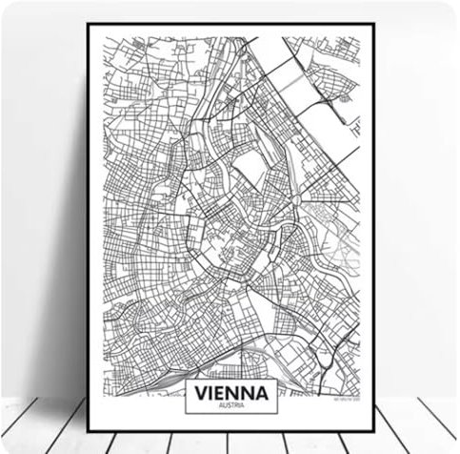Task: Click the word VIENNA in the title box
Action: click(x=232, y=391)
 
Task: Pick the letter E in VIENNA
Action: click(x=223, y=391)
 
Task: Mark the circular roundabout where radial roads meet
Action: click(x=296, y=199)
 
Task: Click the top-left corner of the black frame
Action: click(x=88, y=25)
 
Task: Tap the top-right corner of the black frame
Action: click(x=372, y=25)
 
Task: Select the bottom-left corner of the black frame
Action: click(x=88, y=430)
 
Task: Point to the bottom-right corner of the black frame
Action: click(x=372, y=430)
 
